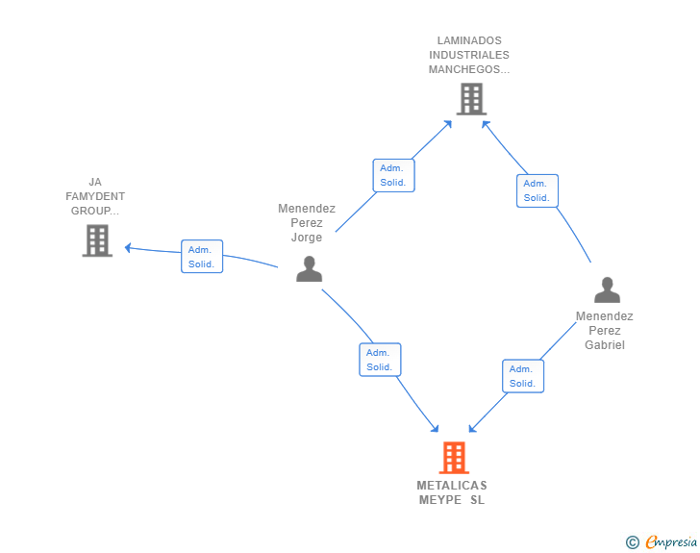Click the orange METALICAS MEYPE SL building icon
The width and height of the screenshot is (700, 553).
coord(454,458)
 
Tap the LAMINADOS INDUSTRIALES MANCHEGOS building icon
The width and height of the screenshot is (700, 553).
coord(471,99)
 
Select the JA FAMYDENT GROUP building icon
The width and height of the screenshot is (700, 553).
coord(97,240)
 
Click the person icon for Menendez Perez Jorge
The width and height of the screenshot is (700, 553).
coord(309,268)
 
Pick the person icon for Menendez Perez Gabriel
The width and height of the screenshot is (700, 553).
coord(607,289)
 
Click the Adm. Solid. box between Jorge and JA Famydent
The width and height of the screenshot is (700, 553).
coord(202,257)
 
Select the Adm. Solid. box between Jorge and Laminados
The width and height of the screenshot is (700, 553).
coord(394,176)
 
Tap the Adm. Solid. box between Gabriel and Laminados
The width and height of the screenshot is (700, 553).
coord(537,190)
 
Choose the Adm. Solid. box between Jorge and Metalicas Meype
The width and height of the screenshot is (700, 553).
coord(381,360)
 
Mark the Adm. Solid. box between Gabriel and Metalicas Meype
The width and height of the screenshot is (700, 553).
coord(523,376)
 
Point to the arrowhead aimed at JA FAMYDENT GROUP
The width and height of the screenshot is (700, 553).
coord(128,248)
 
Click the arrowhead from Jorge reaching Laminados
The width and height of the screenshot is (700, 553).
coord(448,124)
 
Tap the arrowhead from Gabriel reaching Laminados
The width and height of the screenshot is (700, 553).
coord(486,125)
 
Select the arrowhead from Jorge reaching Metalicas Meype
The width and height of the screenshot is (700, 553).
coord(435,428)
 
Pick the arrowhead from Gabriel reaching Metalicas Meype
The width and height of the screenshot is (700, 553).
coord(472,428)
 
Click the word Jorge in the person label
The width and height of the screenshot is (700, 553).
coord(307,238)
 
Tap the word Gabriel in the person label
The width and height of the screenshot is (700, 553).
coord(605,345)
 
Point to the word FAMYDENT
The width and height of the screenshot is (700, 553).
coord(95,196)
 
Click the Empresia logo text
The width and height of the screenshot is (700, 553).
coord(671,541)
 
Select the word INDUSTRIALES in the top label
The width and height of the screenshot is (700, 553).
coord(469,55)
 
